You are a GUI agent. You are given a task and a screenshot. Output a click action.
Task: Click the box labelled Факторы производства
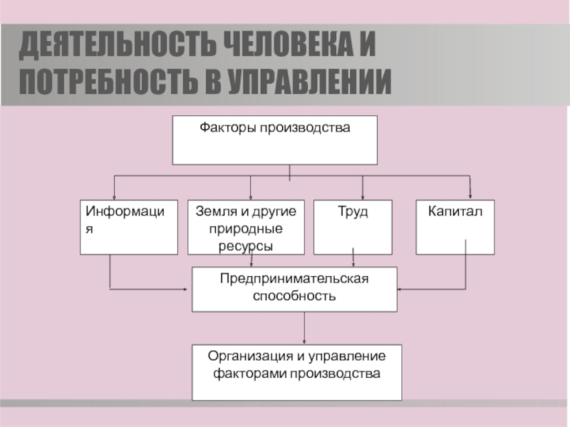point(274,140)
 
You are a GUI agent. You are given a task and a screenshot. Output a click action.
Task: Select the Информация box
point(129,227)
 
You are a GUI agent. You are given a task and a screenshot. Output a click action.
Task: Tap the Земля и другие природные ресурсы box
point(245,227)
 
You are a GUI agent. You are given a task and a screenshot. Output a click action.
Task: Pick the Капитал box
point(455,227)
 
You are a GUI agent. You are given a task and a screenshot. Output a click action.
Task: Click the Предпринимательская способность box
point(294,289)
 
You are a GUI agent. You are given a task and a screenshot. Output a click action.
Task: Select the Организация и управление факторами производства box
point(296,372)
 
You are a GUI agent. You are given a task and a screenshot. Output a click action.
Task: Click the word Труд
point(353,212)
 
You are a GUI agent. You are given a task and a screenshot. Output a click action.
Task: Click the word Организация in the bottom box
point(249,357)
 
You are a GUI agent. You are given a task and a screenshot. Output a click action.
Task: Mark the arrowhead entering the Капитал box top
point(471,196)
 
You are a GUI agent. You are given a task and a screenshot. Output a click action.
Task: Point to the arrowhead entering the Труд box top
point(363,196)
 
